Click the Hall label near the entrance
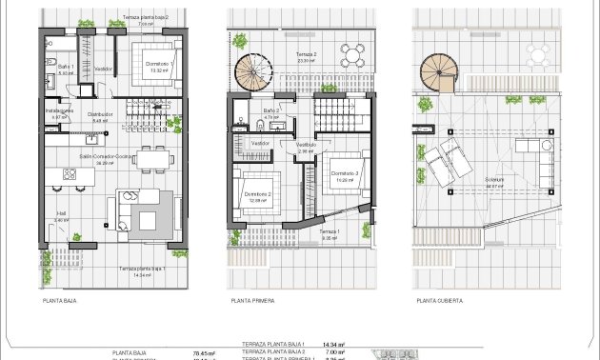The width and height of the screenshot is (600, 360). [x=61, y=214]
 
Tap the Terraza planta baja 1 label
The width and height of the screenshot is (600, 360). [x=143, y=270]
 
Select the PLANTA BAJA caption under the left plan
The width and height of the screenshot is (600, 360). [x=59, y=300]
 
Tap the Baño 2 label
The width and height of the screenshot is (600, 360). [x=271, y=111]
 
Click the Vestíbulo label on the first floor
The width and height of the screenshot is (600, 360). [x=305, y=145]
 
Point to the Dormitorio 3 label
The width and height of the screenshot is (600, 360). [x=345, y=173]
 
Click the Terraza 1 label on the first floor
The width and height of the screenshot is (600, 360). [x=330, y=231]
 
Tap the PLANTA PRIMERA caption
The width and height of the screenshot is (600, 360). [x=252, y=300]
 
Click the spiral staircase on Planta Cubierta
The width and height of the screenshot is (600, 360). [x=439, y=70]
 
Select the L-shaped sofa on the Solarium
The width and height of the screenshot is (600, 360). [x=546, y=162]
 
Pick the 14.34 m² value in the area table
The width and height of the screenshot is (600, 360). [x=332, y=344]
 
